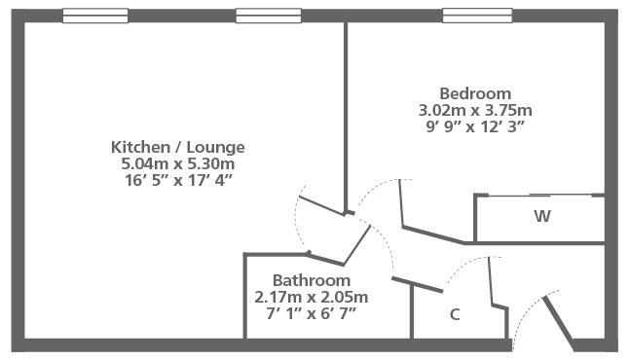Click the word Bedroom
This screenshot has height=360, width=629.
475,93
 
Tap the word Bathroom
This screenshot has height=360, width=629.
312,280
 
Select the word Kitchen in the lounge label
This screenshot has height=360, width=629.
140,147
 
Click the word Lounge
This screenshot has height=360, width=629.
216,147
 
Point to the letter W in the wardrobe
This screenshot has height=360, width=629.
542,216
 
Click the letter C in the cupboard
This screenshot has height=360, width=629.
455,314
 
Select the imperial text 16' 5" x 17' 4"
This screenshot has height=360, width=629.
178,180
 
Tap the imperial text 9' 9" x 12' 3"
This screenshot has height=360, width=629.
475,126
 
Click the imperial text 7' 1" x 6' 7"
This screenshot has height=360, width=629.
312,313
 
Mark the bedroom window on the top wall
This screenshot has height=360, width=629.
477,16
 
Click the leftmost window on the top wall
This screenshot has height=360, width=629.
95,16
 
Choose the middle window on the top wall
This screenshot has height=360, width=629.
269,16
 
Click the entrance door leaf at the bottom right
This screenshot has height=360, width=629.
558,323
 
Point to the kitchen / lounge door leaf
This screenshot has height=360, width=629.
321,205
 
